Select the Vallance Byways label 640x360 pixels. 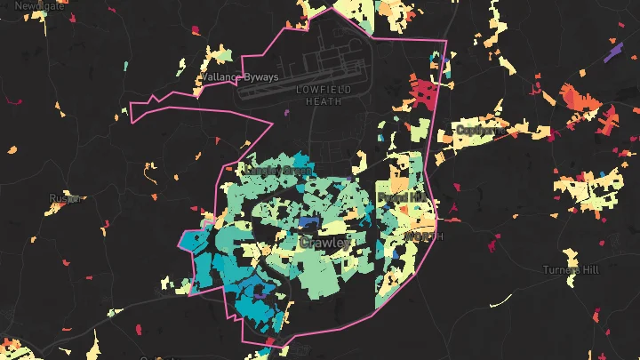tap(240, 77)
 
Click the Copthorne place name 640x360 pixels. tap(480, 130)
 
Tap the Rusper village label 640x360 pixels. tap(65, 198)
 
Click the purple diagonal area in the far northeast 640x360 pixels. tap(612, 52)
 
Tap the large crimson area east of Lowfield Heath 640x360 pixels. tap(425, 93)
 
